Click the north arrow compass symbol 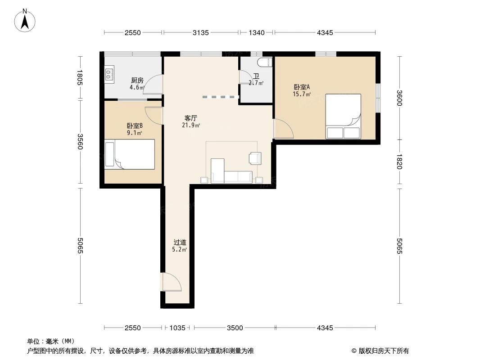click(x=25, y=20)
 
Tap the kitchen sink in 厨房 click(x=109, y=74)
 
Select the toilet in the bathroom click(x=265, y=62)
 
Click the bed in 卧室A click(x=343, y=116)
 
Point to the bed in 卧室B click(x=130, y=154)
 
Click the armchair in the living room click(x=255, y=158)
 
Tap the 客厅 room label click(x=191, y=118)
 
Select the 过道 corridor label click(x=180, y=243)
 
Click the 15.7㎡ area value click(x=302, y=94)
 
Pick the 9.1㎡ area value click(x=135, y=133)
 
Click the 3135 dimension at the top click(x=200, y=32)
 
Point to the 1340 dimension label click(x=257, y=32)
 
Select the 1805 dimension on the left click(x=80, y=78)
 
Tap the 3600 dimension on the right click(x=399, y=98)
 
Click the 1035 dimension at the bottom click(x=177, y=328)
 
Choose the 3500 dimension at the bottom click(x=235, y=328)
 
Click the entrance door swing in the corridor click(x=172, y=282)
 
